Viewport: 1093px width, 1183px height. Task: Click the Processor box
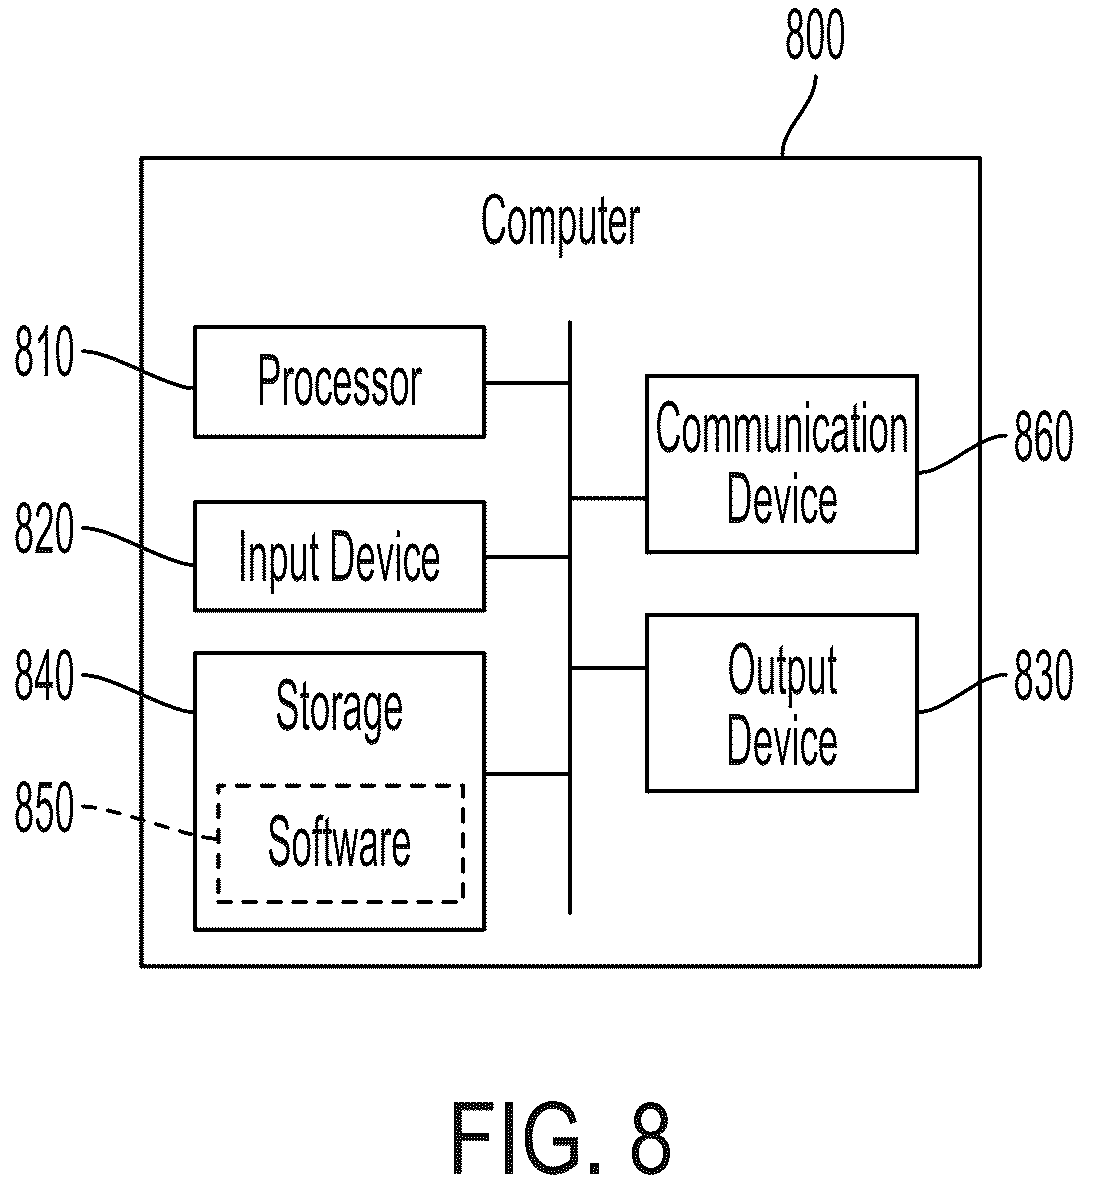[339, 382]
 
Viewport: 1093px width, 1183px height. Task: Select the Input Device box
[339, 556]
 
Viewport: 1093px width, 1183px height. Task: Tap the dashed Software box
[340, 843]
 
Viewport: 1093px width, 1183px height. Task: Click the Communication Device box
[782, 463]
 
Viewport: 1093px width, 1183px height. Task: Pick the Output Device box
[782, 703]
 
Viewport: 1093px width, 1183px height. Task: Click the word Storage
[339, 707]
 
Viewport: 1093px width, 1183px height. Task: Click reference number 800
[815, 35]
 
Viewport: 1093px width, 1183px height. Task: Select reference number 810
[45, 351]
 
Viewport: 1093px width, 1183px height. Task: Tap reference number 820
[45, 528]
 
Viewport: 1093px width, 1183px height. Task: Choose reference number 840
[45, 676]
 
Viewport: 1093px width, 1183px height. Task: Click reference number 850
[45, 807]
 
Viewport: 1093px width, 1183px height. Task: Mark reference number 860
[1043, 436]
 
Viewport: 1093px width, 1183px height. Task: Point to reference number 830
[1043, 676]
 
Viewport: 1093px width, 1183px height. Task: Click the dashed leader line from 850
[150, 820]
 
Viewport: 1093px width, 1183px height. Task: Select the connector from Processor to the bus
[528, 383]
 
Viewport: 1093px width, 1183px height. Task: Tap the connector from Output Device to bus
[608, 668]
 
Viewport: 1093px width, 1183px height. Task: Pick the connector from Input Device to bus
[528, 557]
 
